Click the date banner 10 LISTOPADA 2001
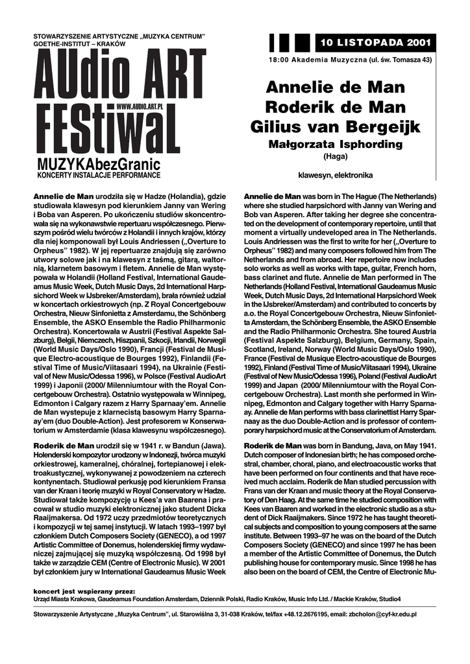tap(375, 43)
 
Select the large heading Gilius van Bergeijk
tap(336, 126)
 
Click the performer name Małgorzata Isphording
tap(336, 145)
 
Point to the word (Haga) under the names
tap(336, 156)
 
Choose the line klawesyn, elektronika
tap(336, 175)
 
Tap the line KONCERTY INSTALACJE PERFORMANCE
tap(97, 176)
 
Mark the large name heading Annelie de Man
tap(336, 87)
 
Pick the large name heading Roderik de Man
tap(336, 106)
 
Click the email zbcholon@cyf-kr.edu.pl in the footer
tap(382, 613)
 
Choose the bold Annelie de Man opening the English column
tap(272, 196)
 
